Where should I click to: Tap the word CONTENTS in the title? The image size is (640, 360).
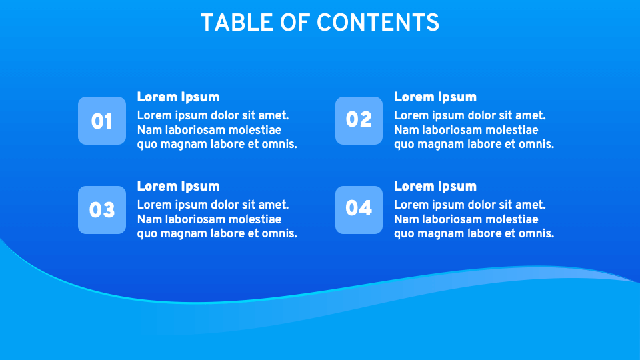pyautogui.click(x=378, y=23)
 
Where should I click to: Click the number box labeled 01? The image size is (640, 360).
pyautogui.click(x=102, y=121)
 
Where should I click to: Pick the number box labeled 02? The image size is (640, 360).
pyautogui.click(x=359, y=121)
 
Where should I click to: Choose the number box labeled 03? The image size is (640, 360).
pyautogui.click(x=102, y=210)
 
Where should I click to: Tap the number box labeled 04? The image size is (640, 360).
pyautogui.click(x=359, y=210)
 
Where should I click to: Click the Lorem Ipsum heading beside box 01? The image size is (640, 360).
pyautogui.click(x=178, y=97)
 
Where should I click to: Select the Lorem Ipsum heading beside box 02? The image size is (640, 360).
pyautogui.click(x=435, y=97)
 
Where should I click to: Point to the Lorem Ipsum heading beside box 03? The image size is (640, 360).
pyautogui.click(x=178, y=187)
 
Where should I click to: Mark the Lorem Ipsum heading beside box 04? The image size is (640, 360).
pyautogui.click(x=435, y=187)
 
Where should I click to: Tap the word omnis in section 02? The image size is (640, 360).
pyautogui.click(x=537, y=145)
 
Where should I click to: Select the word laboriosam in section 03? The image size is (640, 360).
pyautogui.click(x=191, y=219)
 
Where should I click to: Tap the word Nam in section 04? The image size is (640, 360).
pyautogui.click(x=405, y=219)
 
